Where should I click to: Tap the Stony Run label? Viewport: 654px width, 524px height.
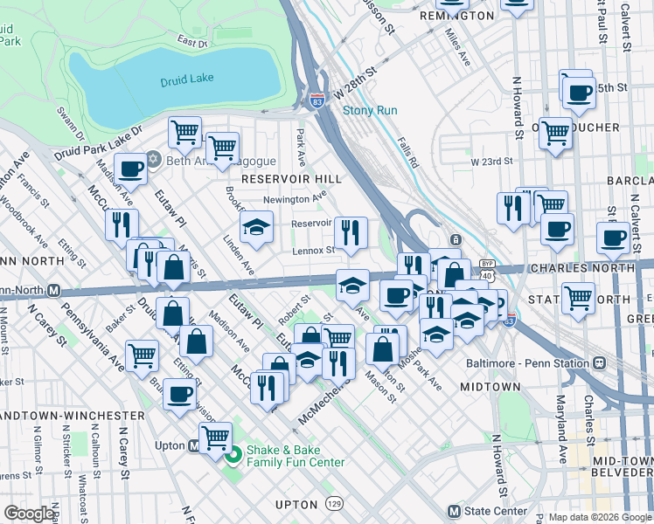coord(369,110)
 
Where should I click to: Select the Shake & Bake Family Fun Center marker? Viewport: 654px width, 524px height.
coord(233,455)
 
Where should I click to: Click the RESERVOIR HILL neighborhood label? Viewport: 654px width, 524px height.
coord(278,178)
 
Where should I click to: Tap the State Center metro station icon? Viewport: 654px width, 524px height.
coord(453,511)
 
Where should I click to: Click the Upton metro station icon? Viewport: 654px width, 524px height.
coord(194,446)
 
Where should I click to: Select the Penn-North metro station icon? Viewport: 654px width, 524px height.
coord(53,290)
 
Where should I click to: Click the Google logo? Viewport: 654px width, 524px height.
coord(30,513)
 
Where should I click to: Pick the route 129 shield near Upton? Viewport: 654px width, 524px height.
coord(333,505)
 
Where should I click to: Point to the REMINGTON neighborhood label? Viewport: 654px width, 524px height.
coord(456,16)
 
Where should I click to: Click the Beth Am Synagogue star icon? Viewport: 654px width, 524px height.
coord(154,161)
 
